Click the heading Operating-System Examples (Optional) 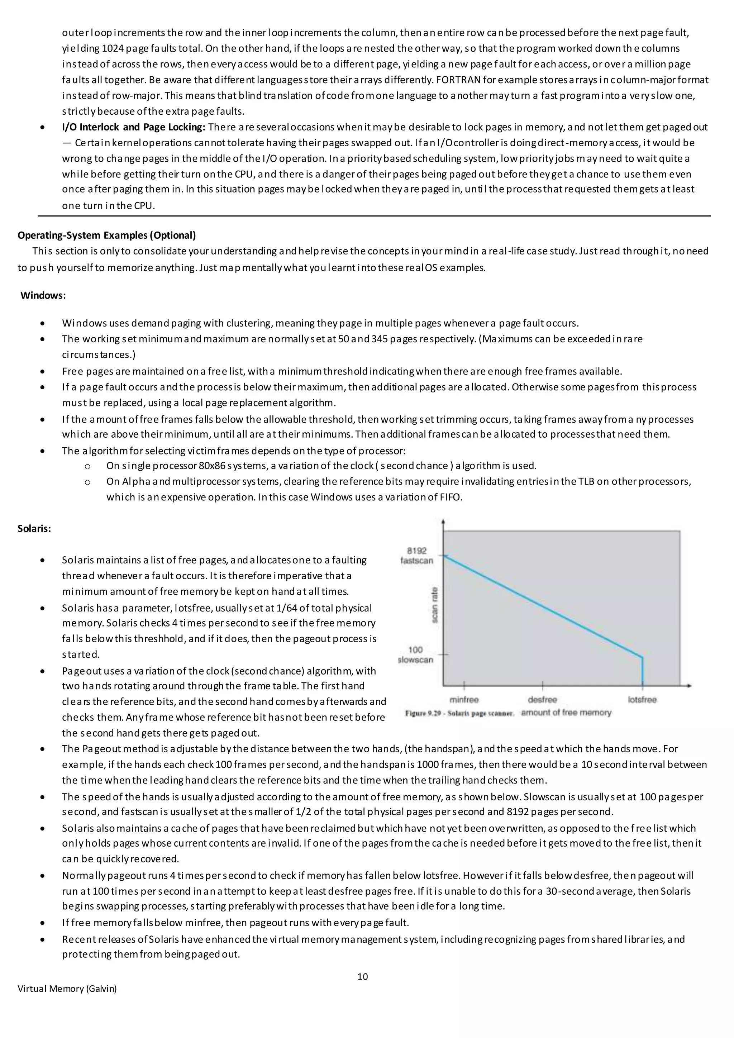tap(107, 235)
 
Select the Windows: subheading tap(43, 296)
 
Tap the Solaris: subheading tap(34, 528)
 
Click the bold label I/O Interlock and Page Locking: tap(134, 127)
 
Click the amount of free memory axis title tap(566, 713)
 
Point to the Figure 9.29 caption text tap(459, 713)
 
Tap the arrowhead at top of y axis tap(443, 523)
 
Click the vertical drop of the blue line tap(643, 671)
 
